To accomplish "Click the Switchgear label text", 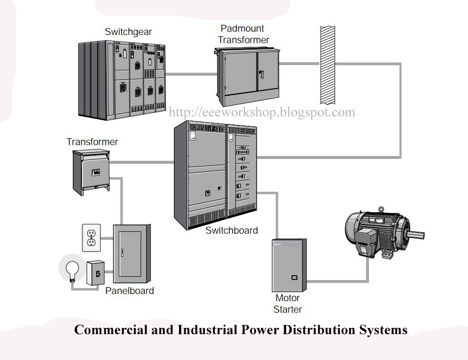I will point(128,32).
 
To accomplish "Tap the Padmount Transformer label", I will point(243,34).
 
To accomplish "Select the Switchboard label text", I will point(232,230).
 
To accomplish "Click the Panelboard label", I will point(130,291).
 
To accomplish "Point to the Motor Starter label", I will point(288,304).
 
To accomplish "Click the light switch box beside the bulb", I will point(96,273).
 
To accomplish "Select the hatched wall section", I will point(327,65).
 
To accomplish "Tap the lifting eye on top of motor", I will point(380,209).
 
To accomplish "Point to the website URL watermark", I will point(262,112).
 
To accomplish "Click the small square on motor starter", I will point(294,277).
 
